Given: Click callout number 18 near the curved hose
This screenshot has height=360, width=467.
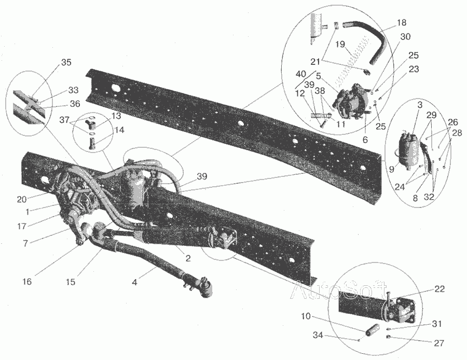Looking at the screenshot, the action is pyautogui.click(x=402, y=23).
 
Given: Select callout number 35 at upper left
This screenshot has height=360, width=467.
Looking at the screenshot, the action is pyautogui.click(x=66, y=62).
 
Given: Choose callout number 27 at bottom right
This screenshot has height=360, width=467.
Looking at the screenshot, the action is pyautogui.click(x=439, y=343).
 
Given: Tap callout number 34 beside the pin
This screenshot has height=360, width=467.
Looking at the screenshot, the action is pyautogui.click(x=318, y=335).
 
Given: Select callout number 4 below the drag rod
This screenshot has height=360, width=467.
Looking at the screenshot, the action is pyautogui.click(x=134, y=282).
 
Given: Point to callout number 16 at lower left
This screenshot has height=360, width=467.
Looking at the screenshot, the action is pyautogui.click(x=27, y=281).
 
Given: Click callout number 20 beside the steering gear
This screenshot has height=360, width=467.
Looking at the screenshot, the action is pyautogui.click(x=22, y=199).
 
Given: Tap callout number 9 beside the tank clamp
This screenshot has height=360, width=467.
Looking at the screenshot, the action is pyautogui.click(x=391, y=170).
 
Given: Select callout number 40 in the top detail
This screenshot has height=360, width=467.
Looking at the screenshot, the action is pyautogui.click(x=301, y=74).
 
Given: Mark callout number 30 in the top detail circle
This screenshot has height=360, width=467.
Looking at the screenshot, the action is pyautogui.click(x=405, y=37).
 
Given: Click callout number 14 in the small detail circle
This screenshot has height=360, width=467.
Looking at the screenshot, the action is pyautogui.click(x=119, y=130).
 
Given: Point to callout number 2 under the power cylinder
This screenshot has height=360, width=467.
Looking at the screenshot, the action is pyautogui.click(x=188, y=258).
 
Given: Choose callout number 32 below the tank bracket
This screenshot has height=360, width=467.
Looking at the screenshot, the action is pyautogui.click(x=429, y=197).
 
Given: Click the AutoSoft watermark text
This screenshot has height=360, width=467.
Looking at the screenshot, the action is pyautogui.click(x=339, y=290).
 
